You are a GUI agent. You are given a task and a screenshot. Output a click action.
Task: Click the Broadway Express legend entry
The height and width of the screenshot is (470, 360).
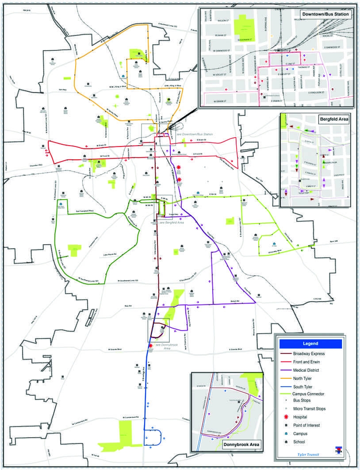click(309, 354)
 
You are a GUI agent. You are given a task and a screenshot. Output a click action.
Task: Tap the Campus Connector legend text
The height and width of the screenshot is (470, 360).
click(309, 393)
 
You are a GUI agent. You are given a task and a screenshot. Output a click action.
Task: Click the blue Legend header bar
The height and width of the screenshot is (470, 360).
click(310, 343)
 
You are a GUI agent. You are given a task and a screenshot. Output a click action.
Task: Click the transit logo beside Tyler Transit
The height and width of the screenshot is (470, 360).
click(338, 451)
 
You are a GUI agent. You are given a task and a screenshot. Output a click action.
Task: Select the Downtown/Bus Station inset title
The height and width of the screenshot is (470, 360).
click(326, 15)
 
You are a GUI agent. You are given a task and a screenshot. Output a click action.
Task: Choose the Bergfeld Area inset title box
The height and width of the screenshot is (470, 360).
click(333, 119)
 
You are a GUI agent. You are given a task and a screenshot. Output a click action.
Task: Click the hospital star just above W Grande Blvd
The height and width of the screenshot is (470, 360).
click(151, 345)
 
